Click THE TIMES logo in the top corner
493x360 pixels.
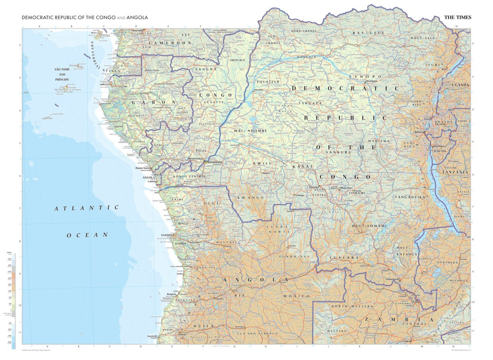pyautogui.click(x=458, y=18)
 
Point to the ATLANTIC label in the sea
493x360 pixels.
pyautogui.click(x=87, y=208)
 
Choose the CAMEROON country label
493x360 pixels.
pyautogui.click(x=170, y=43)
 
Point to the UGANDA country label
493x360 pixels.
pyautogui.click(x=460, y=85)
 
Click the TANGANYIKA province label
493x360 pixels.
pyautogui.click(x=410, y=197)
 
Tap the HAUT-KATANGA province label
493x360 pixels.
pyautogui.click(x=403, y=250)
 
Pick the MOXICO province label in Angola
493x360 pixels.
pyautogui.click(x=296, y=296)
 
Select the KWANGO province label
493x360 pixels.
pyautogui.click(x=251, y=198)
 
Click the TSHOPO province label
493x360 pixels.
pyautogui.click(x=365, y=77)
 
